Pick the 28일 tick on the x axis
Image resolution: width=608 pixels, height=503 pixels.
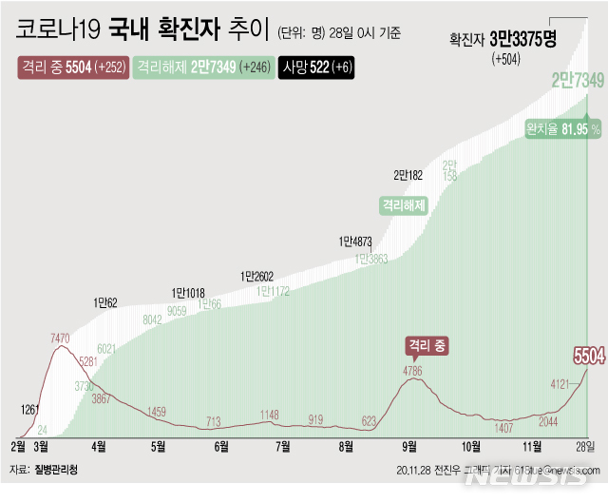587,446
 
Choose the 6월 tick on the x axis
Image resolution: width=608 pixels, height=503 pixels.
221,446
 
